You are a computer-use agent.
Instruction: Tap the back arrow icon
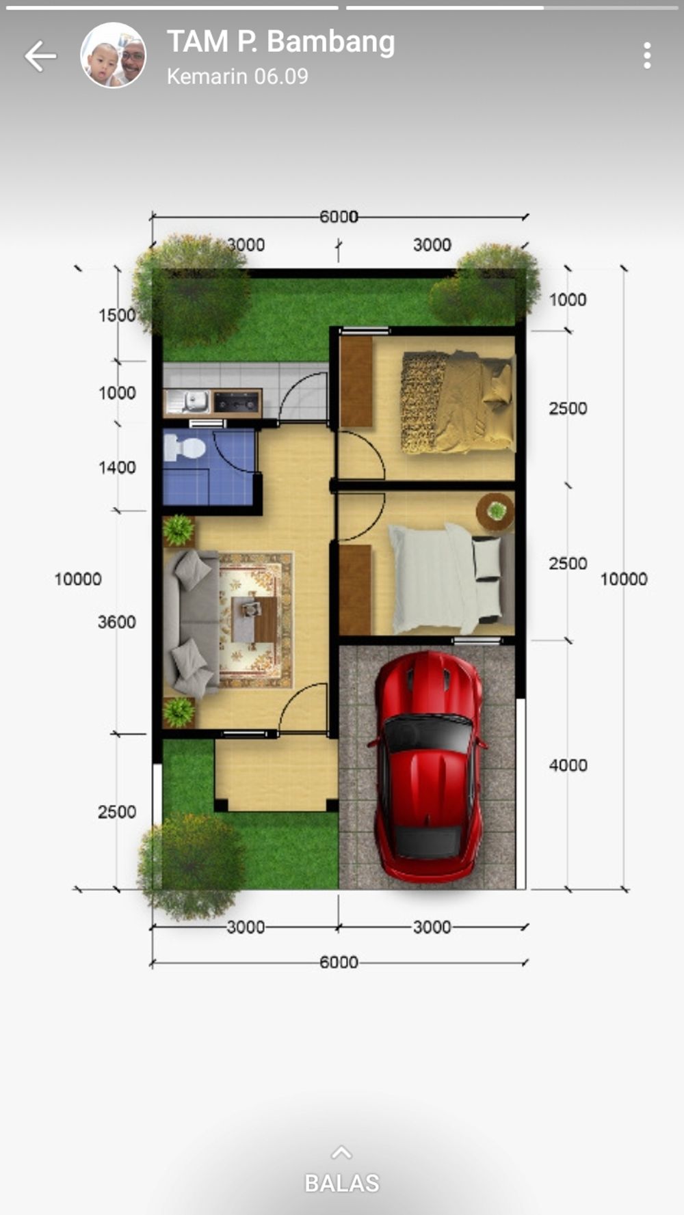click(40, 56)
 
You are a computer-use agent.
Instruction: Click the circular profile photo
click(114, 55)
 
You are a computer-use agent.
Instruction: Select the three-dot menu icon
click(647, 56)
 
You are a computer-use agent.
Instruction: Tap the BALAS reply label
click(342, 1183)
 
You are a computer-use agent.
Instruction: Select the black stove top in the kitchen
click(237, 402)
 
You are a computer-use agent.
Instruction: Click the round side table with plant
click(496, 511)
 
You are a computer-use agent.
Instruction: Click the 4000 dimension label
click(568, 765)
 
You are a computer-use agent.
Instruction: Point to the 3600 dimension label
click(117, 622)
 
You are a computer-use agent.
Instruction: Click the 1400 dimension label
click(117, 467)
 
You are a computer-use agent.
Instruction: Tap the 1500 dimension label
click(117, 315)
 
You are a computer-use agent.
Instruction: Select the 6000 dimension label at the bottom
click(339, 962)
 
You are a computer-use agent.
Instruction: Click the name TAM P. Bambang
click(281, 42)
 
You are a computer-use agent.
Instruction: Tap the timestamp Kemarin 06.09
click(237, 76)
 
